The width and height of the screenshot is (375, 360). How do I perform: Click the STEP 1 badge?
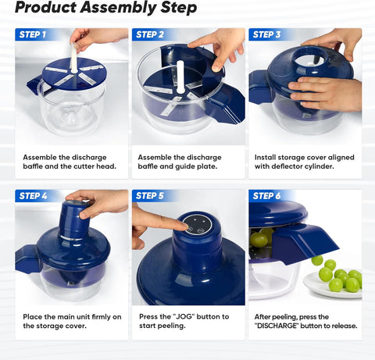(x=33, y=34)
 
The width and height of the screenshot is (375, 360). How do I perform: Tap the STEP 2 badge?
(x=149, y=34)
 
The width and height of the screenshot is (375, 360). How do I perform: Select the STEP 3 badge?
(x=266, y=34)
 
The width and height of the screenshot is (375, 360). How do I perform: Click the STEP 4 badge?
(x=33, y=196)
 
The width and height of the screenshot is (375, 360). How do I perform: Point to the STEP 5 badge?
(x=149, y=196)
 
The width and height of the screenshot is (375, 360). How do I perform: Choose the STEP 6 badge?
(x=266, y=196)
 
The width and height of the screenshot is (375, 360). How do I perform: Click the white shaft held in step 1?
(x=75, y=55)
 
